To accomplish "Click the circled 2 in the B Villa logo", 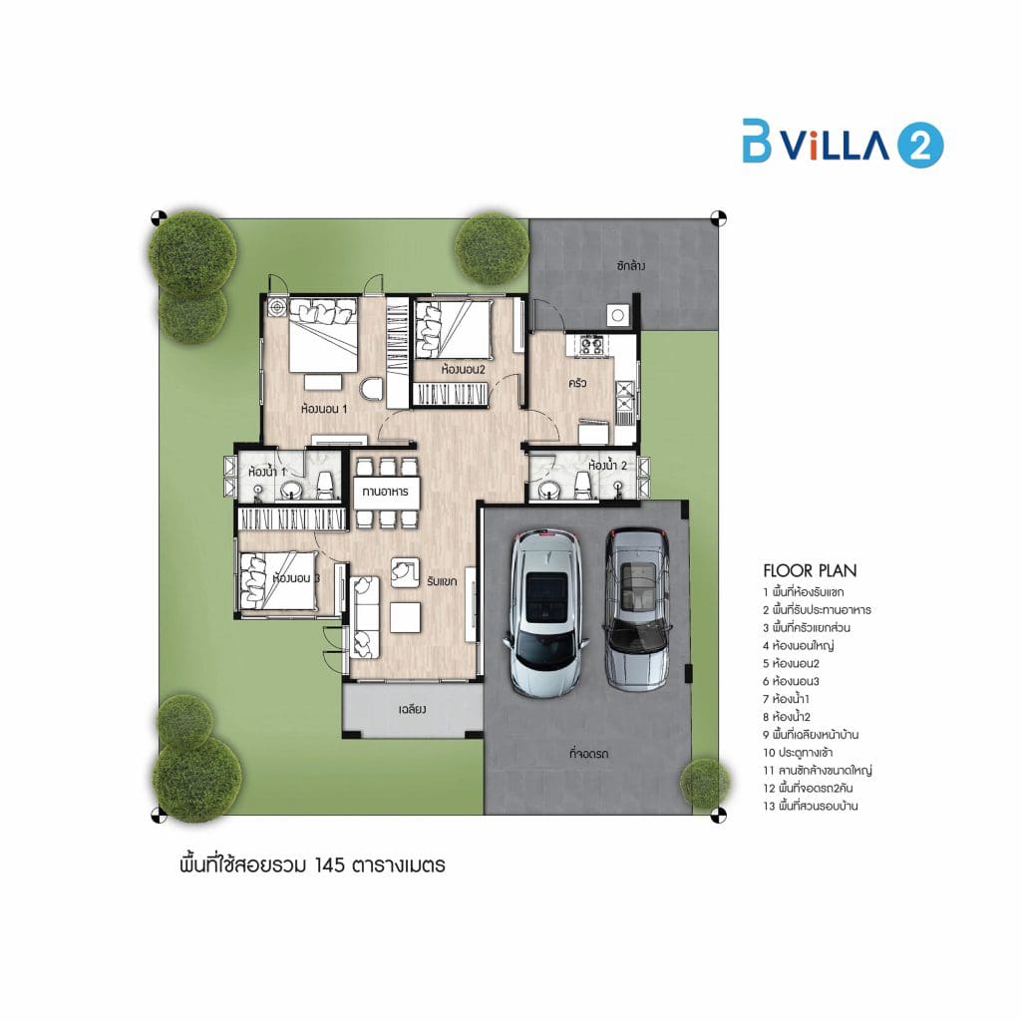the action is (x=920, y=145).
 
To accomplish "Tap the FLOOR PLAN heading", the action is (x=810, y=571).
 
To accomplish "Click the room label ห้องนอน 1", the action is (x=324, y=409).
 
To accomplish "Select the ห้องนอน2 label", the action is (x=463, y=370).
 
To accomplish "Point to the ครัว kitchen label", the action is (x=577, y=383).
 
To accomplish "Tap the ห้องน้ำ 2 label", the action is (x=607, y=466).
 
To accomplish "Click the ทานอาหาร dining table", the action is (x=386, y=493).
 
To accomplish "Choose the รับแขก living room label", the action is (x=442, y=581).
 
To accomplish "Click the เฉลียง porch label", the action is (x=412, y=709).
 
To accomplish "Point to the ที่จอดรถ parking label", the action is (x=588, y=754).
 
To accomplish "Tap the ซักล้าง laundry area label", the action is (x=631, y=265).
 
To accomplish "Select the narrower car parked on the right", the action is (x=637, y=609).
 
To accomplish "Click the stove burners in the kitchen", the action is (x=591, y=345).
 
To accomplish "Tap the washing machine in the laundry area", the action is (x=617, y=315).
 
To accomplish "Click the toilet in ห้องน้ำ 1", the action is (x=324, y=486).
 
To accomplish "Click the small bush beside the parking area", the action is (x=705, y=784).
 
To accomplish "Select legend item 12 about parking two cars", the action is (x=808, y=788).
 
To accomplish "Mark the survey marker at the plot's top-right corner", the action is (x=718, y=218).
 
